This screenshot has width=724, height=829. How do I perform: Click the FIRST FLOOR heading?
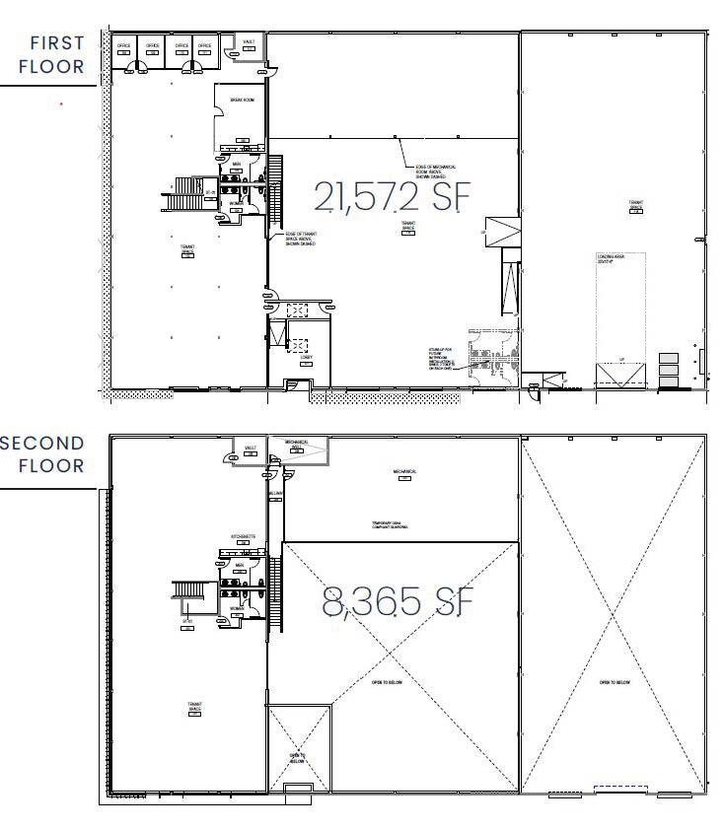coord(56,55)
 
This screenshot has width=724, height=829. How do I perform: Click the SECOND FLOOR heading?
coord(44,453)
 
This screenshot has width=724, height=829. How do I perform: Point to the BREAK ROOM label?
coord(243,101)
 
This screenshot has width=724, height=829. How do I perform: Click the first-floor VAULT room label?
coord(249,41)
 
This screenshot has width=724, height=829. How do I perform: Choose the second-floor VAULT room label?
coord(250,448)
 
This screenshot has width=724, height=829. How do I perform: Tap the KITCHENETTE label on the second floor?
coord(243,537)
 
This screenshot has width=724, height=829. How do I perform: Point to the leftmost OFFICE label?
coord(124,45)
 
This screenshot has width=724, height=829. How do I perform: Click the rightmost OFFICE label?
coord(204,45)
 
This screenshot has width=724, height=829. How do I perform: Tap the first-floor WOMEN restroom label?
coord(237,204)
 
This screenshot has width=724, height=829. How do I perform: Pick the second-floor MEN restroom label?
coord(238,565)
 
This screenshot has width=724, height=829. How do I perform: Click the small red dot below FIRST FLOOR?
coord(62,103)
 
